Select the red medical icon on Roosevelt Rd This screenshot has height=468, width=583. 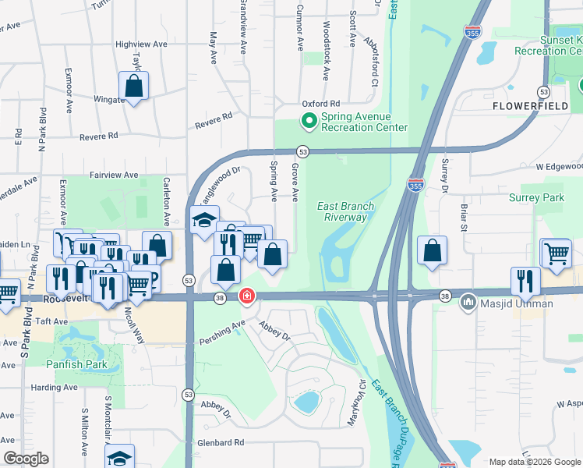[246, 296]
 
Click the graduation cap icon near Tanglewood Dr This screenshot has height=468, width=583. [204, 220]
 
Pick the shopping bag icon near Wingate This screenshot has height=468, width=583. [133, 86]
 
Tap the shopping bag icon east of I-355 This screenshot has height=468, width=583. [432, 250]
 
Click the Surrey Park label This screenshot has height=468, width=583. [536, 198]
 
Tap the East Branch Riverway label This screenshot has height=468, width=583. [346, 211]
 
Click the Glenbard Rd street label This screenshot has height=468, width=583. [221, 442]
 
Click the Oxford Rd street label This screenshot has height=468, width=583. [321, 104]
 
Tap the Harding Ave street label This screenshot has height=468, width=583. [55, 388]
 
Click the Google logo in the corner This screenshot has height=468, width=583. [26, 459]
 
